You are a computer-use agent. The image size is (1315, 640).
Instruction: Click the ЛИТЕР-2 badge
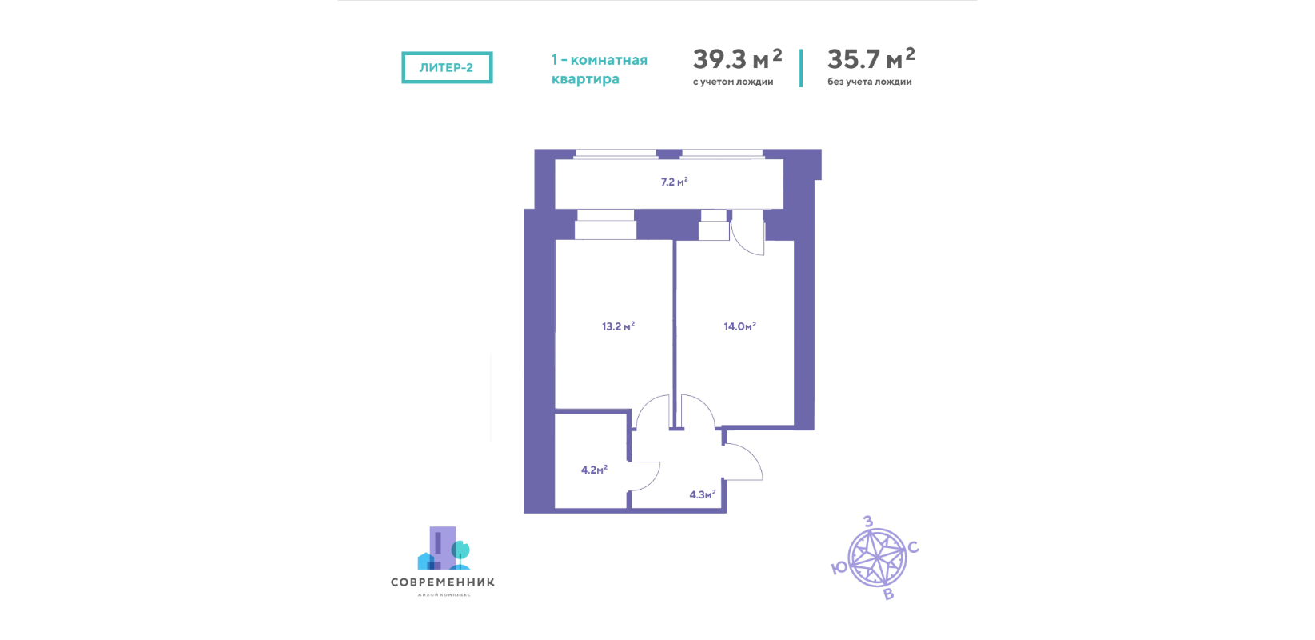coord(447,67)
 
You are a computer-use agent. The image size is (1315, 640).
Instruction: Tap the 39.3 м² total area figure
coord(737,58)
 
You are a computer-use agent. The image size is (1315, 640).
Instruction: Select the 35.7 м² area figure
coord(871,58)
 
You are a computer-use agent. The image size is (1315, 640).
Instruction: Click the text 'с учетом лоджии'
coord(733,82)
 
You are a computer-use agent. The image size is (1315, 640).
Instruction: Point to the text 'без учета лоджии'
coord(870,82)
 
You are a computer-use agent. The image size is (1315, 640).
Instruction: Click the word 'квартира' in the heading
coord(585,78)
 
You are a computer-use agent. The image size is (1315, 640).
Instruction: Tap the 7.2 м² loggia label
coord(675,182)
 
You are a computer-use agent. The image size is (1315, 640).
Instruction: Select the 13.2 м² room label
coord(618,326)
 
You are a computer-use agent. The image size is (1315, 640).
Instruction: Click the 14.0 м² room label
coord(739,326)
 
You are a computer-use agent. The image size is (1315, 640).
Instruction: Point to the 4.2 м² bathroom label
coord(594,470)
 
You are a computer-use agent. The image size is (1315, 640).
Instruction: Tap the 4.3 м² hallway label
coord(702,495)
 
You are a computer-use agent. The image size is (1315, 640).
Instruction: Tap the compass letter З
coord(867,522)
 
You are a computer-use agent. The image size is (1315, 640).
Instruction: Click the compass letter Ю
coord(839,568)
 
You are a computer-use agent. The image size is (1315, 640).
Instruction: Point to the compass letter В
coord(888,594)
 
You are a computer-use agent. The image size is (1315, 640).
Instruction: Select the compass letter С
coord(913,548)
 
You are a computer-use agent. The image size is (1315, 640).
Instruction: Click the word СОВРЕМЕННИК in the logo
coord(443,582)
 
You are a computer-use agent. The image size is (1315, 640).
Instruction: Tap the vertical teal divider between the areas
coord(801,68)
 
